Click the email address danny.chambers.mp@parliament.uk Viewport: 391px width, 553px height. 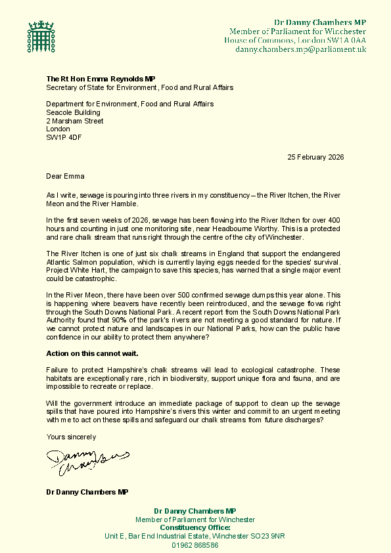(x=300, y=49)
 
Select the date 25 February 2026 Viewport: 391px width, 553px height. (x=316, y=157)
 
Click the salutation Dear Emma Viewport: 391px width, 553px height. (x=65, y=176)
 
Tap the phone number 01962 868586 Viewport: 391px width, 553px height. (x=195, y=545)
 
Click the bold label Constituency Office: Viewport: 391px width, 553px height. (x=195, y=527)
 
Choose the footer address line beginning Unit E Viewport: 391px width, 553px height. (x=195, y=536)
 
